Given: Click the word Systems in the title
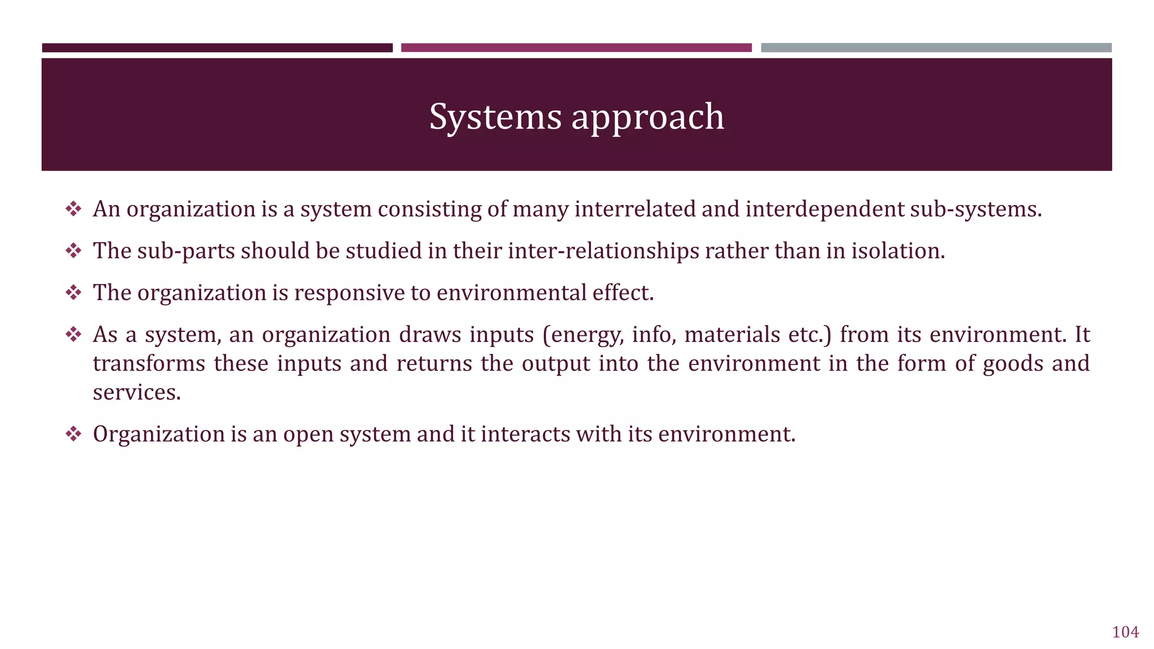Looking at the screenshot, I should coord(495,117).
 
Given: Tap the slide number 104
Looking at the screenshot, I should coord(1125,632).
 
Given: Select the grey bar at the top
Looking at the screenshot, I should coord(936,48).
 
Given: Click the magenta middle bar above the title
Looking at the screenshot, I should coord(576,48).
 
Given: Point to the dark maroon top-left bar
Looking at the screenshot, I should coord(217,48).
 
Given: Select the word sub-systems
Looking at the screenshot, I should coord(976,209).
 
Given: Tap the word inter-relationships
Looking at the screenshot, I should coord(603,251).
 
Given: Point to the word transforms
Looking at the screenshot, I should coord(149,363).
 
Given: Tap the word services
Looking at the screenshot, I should coord(136,393).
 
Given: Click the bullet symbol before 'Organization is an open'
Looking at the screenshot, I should coord(73,434).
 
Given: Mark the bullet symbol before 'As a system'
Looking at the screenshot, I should coord(73,335).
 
